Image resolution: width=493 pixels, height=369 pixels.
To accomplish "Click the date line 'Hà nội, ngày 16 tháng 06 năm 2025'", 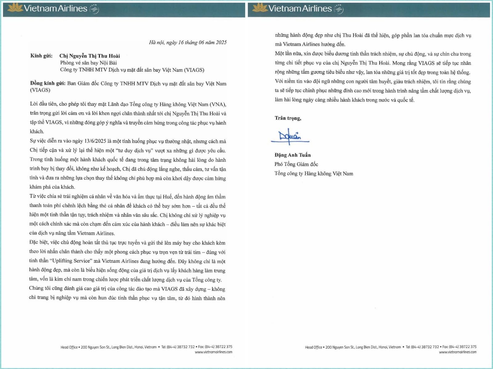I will (x=188, y=42).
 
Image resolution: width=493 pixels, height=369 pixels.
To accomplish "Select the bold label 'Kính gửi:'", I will (x=40, y=56).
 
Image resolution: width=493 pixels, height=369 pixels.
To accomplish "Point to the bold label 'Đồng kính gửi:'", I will (x=47, y=83).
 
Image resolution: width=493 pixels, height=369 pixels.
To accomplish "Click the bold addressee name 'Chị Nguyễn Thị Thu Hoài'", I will (x=90, y=56).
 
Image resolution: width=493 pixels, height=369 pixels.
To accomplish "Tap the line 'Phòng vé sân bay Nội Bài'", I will (x=88, y=63).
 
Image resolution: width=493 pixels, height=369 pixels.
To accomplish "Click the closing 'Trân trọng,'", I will (x=288, y=118).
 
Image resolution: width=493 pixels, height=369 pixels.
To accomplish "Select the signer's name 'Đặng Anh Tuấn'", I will (x=293, y=155).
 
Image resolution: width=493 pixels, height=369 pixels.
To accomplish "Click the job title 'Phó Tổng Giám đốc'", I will (x=296, y=164).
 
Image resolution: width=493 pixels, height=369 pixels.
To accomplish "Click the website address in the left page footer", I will (x=214, y=352).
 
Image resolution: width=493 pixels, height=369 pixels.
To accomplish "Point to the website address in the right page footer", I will (x=458, y=352).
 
